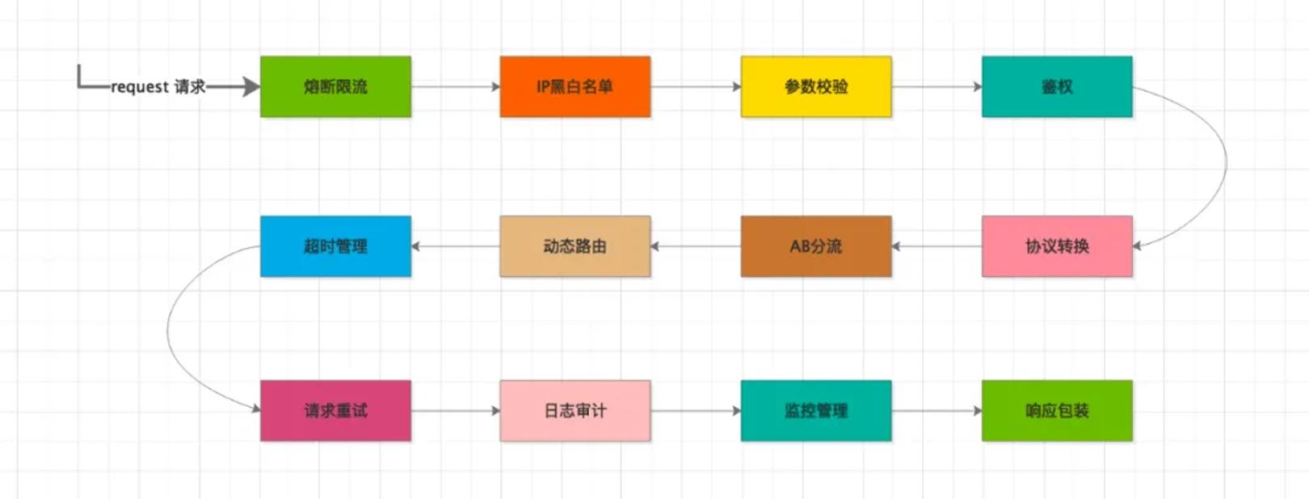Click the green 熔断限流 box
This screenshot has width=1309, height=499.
tap(336, 87)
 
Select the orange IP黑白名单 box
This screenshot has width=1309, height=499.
tap(575, 87)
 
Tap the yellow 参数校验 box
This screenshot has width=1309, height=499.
tap(816, 87)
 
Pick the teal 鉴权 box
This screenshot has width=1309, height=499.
tap(1057, 87)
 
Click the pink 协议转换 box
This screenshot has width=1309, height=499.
tap(1057, 246)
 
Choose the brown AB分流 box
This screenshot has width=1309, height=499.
tap(816, 246)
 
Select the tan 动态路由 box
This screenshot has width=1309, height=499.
tap(575, 246)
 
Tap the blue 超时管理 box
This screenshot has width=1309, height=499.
tap(336, 246)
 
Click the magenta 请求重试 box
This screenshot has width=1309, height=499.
tap(336, 411)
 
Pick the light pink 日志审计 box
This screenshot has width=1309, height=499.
tap(575, 411)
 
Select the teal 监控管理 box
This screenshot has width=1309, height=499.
tap(816, 411)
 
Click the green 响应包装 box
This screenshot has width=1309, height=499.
tap(1057, 411)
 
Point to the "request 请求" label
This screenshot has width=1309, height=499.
tap(158, 87)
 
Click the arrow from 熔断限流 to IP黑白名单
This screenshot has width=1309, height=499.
tap(456, 87)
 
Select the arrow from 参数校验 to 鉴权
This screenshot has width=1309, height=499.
tap(937, 87)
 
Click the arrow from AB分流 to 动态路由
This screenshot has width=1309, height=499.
tap(696, 246)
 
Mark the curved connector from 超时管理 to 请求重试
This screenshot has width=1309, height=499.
tap(168, 329)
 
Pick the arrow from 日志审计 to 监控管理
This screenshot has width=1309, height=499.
tap(696, 411)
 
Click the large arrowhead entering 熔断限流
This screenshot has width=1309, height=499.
tap(251, 87)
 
